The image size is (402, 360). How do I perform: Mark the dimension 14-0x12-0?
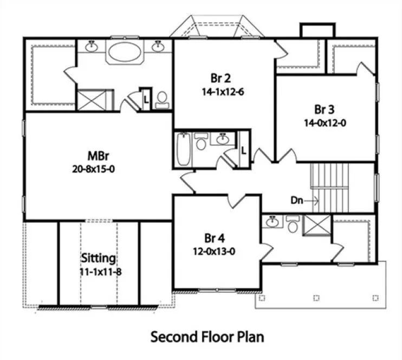[325, 123]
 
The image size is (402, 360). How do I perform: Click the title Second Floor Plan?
[208, 337]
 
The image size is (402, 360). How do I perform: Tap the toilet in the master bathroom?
[161, 99]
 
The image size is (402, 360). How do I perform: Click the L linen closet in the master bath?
[146, 99]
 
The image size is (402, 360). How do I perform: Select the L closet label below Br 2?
[244, 150]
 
